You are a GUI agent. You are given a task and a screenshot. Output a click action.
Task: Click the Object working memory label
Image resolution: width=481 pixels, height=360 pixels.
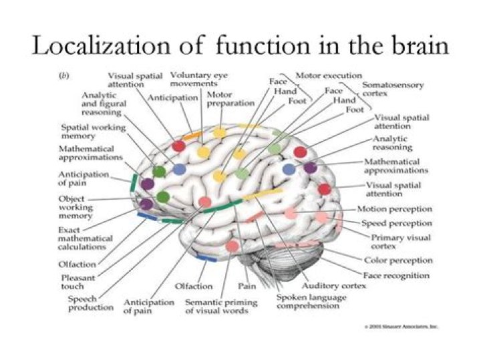coord(72,208)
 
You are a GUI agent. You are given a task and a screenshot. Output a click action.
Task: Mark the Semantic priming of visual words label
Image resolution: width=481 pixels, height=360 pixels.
coord(221,307)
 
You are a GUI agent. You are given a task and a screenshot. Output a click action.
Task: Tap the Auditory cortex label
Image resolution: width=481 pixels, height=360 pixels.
coord(325,287)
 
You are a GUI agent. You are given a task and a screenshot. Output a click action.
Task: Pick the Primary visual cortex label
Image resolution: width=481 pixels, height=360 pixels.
coord(400,242)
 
